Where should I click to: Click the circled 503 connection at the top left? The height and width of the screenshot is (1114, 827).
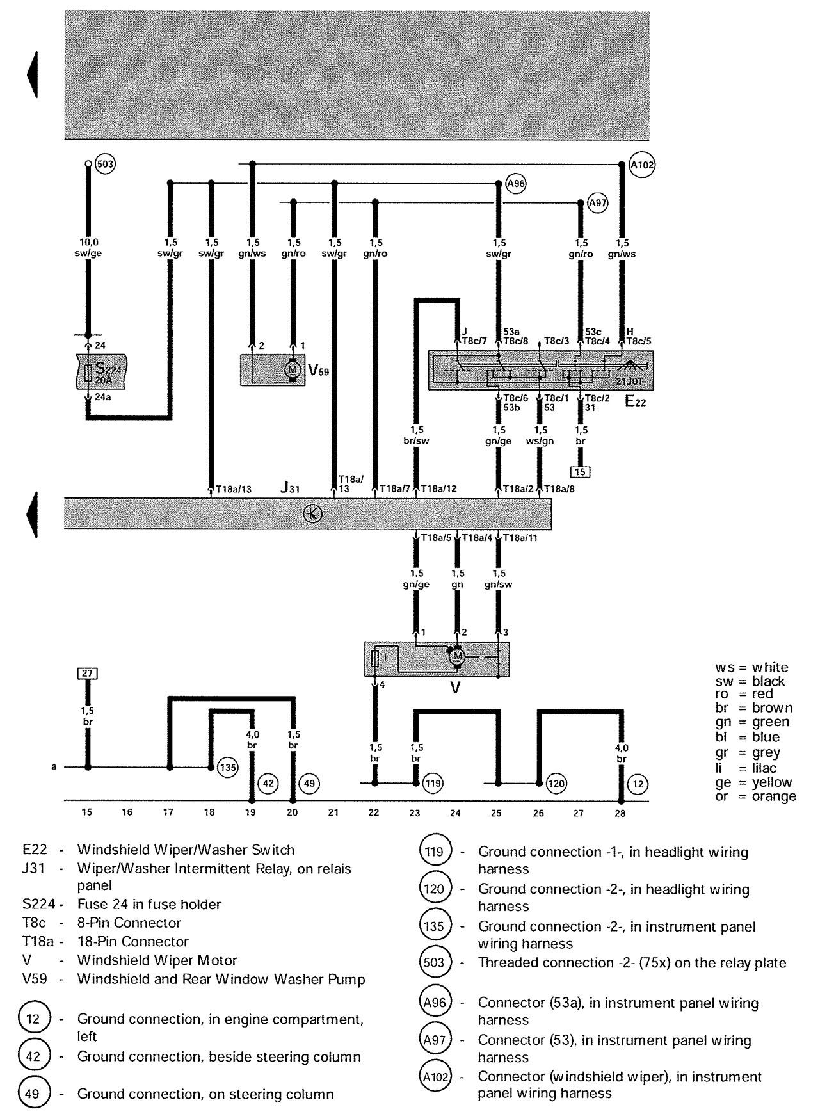point(105,164)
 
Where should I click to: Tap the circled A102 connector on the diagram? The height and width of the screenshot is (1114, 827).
point(642,164)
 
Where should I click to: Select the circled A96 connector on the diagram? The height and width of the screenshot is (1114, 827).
point(515,184)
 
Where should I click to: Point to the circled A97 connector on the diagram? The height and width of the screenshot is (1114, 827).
point(597,203)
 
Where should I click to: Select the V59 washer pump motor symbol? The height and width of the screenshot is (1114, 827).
point(293,370)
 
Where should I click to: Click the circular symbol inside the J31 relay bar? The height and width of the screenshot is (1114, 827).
point(312,513)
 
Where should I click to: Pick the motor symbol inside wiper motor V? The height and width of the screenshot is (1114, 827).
point(457,657)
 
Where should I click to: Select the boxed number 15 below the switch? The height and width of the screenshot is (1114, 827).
point(581,472)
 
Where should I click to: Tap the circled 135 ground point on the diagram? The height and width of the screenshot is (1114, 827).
point(228,766)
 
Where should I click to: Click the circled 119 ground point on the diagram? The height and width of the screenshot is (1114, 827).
point(433,782)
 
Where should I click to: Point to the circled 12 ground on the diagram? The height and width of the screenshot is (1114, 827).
point(638,783)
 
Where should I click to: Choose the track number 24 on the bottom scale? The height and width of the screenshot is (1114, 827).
point(455,813)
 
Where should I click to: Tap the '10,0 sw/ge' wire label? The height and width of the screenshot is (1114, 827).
point(88,248)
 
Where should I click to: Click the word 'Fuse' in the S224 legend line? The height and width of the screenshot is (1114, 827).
point(91,904)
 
